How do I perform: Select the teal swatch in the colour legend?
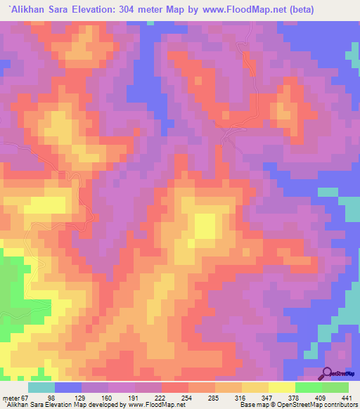click(x=41, y=387)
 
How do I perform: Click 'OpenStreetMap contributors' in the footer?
click(x=317, y=405)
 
